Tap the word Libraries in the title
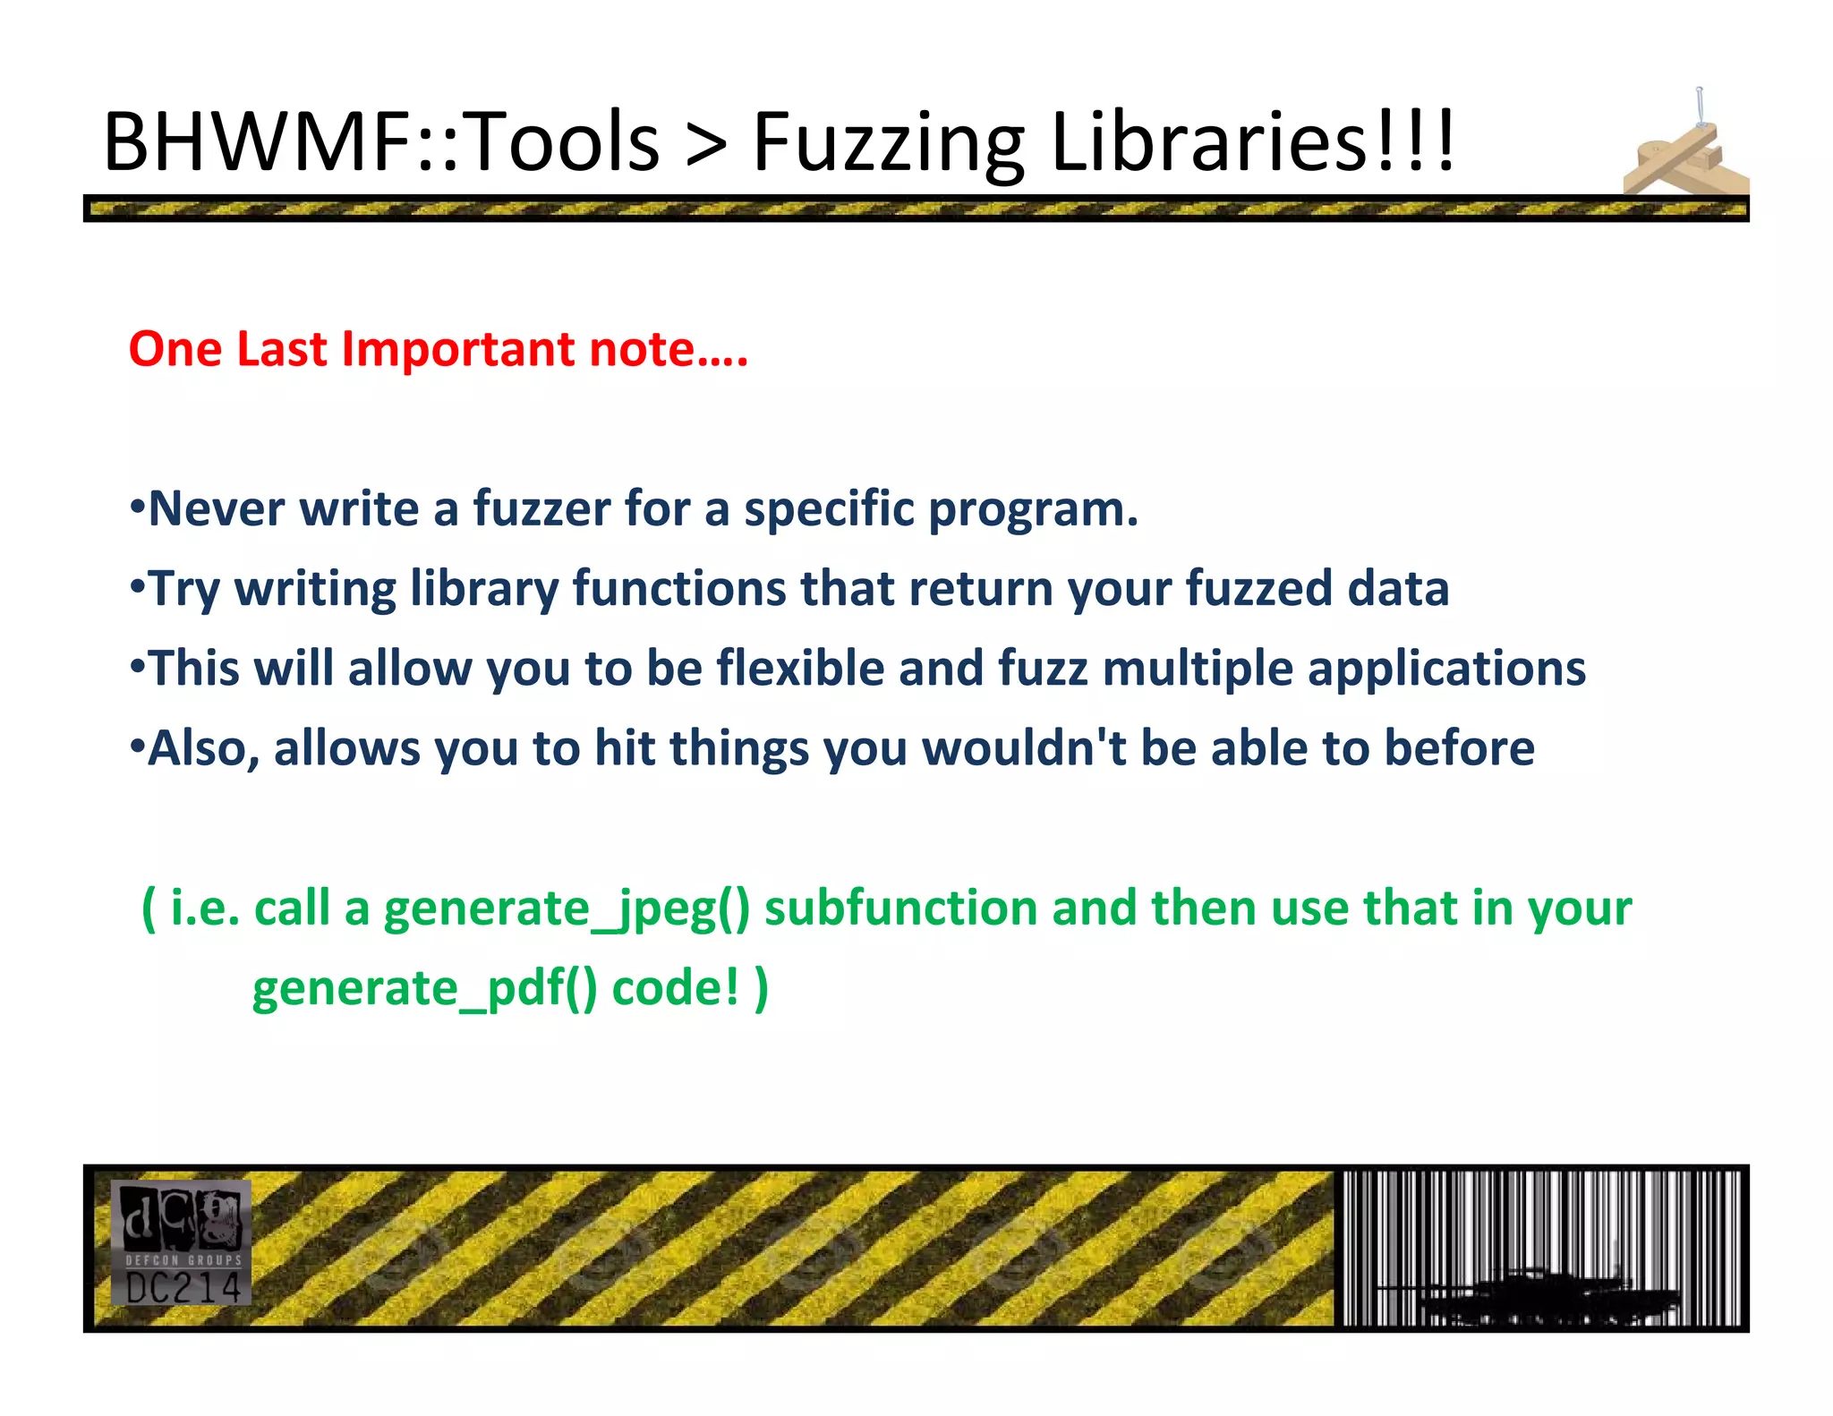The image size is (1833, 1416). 1208,141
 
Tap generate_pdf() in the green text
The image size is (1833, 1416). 424,989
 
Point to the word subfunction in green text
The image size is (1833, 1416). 900,908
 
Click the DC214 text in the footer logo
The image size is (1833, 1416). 183,1288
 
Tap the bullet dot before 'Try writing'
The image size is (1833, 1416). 137,588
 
